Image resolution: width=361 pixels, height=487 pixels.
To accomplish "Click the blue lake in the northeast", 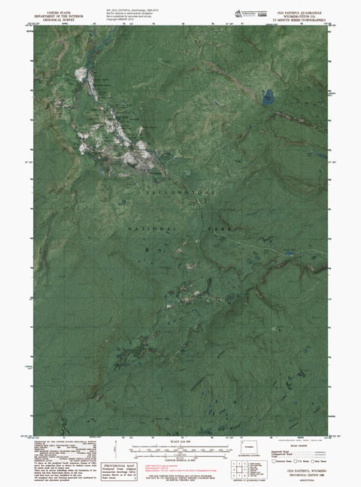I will coord(268,97).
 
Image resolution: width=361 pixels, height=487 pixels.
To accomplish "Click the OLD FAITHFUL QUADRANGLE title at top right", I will coord(301,13).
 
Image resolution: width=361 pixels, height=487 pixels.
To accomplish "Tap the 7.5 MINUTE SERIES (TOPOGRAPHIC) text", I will coord(301,20).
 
